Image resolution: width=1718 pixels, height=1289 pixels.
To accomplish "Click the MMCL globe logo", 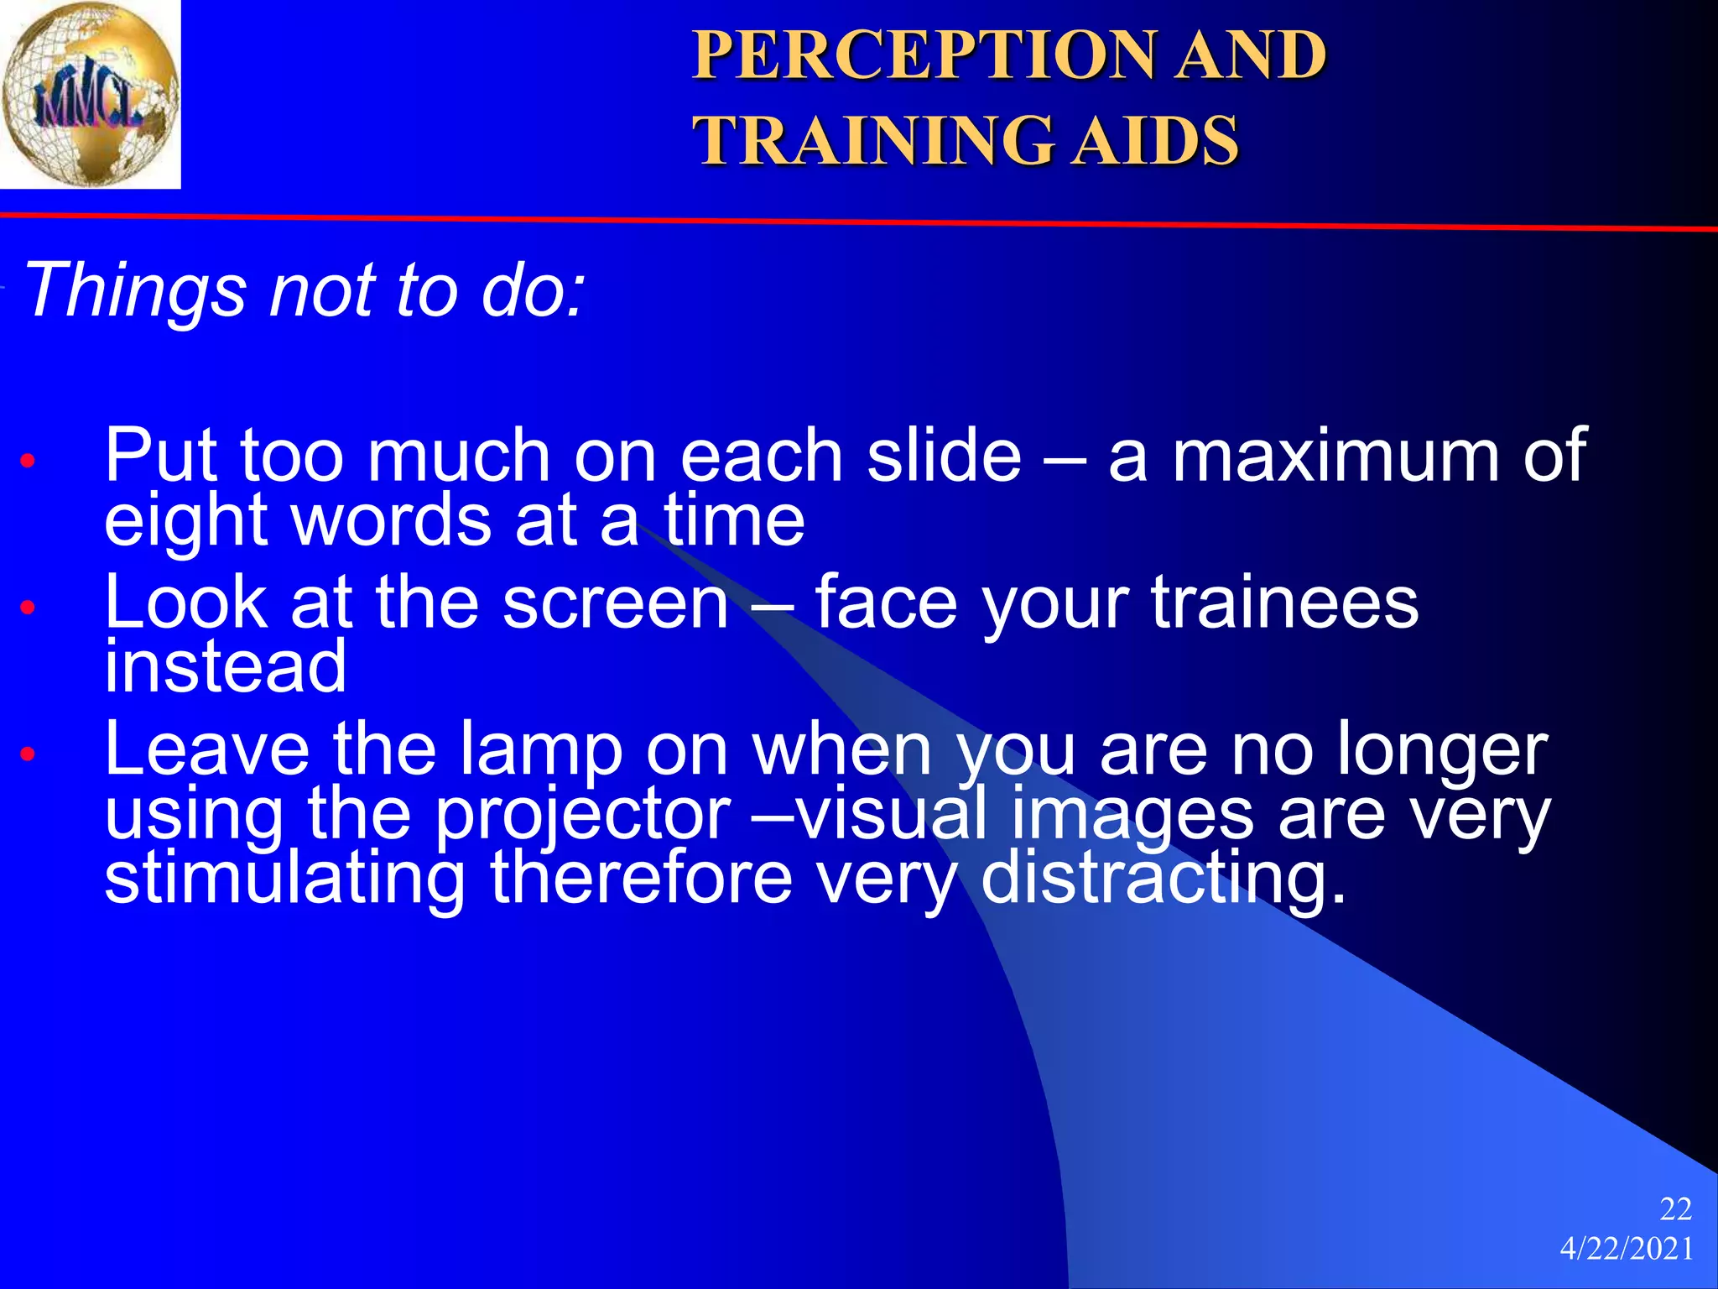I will click(x=90, y=94).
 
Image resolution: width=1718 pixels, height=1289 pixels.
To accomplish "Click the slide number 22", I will click(x=1675, y=1209).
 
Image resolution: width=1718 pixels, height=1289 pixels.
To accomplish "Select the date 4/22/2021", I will click(x=1627, y=1249).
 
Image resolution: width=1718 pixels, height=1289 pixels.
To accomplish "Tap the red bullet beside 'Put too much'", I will click(x=29, y=461).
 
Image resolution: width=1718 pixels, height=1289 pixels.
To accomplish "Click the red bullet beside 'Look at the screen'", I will click(x=29, y=607).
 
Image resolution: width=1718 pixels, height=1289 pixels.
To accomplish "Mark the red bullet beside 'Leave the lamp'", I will click(x=29, y=754).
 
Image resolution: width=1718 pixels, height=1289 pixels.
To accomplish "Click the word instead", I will click(x=225, y=666).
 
